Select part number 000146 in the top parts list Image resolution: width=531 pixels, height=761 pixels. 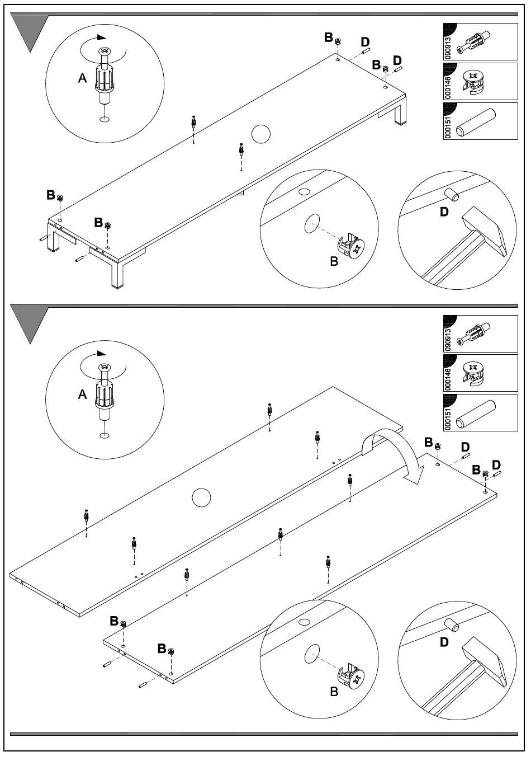click(448, 87)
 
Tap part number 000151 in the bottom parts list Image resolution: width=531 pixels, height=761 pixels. click(448, 418)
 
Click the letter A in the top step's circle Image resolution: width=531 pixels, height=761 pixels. click(83, 78)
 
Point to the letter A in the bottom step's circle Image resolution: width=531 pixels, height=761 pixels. click(83, 394)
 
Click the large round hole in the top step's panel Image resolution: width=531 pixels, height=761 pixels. click(261, 134)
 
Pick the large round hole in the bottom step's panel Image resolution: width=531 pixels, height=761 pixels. click(201, 497)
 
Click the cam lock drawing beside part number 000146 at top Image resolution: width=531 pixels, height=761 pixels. click(473, 82)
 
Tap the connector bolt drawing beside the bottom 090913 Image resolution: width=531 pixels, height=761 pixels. click(473, 335)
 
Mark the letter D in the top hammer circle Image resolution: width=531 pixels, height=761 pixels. click(444, 212)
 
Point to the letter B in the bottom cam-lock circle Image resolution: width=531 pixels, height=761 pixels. click(334, 692)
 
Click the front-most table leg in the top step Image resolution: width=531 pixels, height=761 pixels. click(117, 275)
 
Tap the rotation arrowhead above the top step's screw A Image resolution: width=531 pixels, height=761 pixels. click(102, 37)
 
